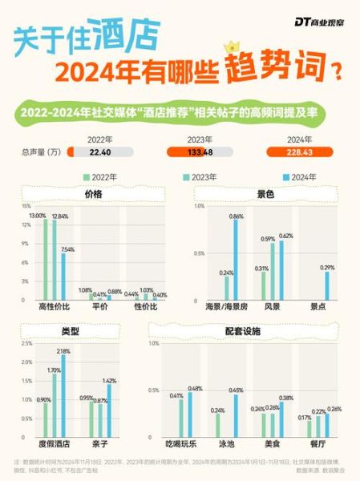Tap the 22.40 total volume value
[99, 152]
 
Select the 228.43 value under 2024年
[300, 152]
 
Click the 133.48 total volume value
[199, 152]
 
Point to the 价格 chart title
[94, 193]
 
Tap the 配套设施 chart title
[249, 331]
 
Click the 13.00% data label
[38, 216]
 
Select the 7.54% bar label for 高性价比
[68, 249]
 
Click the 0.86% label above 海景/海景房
[236, 216]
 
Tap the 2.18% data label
[63, 351]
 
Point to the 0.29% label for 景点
[327, 267]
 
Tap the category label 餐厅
[318, 442]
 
